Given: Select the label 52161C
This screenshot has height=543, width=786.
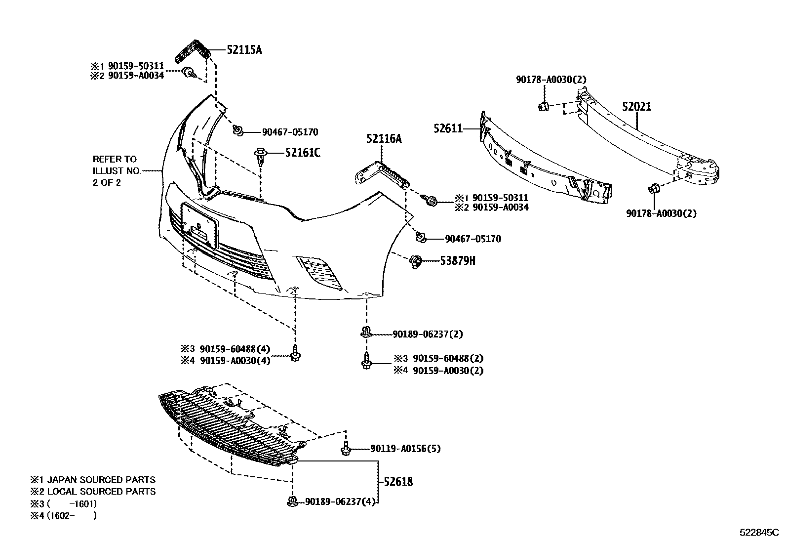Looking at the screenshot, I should pyautogui.click(x=302, y=153).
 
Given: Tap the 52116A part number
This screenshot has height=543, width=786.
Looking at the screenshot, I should pyautogui.click(x=384, y=139).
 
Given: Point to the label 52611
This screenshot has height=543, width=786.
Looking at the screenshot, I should pyautogui.click(x=448, y=128).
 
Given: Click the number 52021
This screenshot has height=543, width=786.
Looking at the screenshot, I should pyautogui.click(x=636, y=107).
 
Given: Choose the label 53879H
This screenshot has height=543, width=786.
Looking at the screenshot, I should pyautogui.click(x=458, y=260).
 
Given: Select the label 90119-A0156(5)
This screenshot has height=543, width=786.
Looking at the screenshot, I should pyautogui.click(x=405, y=449).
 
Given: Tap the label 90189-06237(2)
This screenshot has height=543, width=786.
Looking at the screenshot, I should pyautogui.click(x=428, y=334).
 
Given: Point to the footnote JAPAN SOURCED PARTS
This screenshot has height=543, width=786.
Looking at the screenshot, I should pyautogui.click(x=101, y=480).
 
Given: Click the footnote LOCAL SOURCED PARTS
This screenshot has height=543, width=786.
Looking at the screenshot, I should pyautogui.click(x=101, y=492).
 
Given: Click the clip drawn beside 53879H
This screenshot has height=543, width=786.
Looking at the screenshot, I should pyautogui.click(x=416, y=260).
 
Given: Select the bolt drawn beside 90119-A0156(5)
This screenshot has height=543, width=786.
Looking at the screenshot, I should pyautogui.click(x=346, y=450).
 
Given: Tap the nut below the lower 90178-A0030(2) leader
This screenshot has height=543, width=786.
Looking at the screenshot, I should pyautogui.click(x=654, y=189).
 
